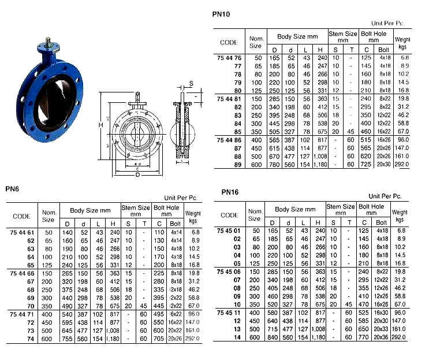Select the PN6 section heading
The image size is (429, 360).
13,188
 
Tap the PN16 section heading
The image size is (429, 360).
229,192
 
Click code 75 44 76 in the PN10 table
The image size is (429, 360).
229,58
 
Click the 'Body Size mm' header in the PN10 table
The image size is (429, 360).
297,36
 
